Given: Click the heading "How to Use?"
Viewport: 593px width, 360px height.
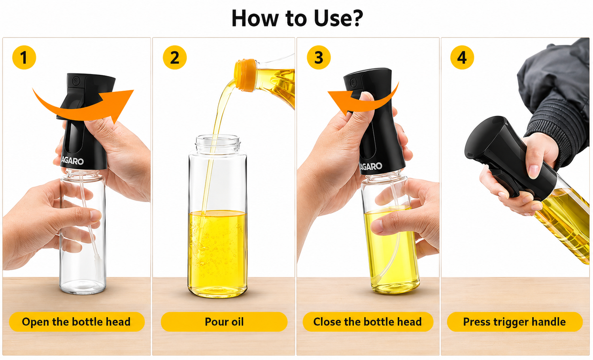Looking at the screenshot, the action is [297, 18].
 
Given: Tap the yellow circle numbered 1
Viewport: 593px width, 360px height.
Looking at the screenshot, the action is [24, 57].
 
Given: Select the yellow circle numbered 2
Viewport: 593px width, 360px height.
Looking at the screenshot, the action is [175, 57].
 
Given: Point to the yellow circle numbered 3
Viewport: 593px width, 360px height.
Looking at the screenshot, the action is [319, 57].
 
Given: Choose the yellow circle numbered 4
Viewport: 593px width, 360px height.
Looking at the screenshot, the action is [462, 57].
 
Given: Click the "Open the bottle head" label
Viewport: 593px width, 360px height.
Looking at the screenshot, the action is [77, 322].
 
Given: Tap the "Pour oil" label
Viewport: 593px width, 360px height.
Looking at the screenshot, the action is [224, 322].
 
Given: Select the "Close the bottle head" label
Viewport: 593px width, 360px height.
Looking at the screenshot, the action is [368, 322].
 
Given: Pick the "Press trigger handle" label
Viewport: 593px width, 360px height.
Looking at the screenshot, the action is [515, 322].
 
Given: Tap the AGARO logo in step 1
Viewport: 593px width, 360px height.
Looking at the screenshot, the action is [72, 161].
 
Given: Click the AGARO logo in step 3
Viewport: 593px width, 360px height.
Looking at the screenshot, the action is [371, 167].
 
